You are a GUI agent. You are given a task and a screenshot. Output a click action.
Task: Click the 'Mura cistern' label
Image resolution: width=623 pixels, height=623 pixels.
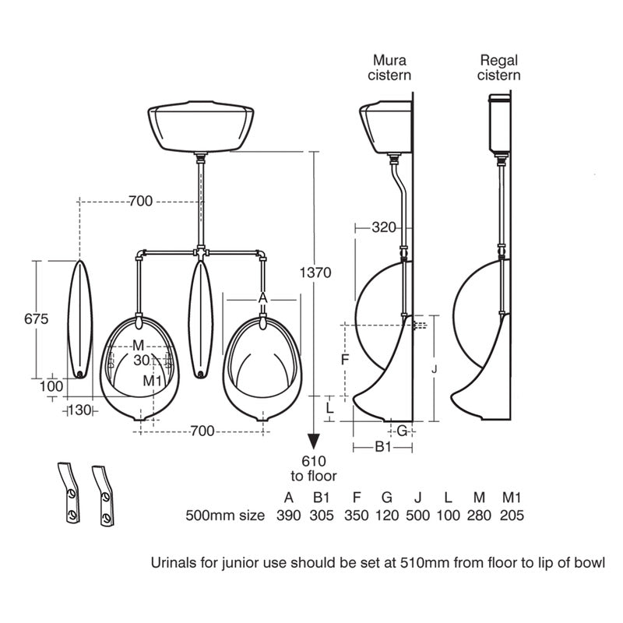[x=392, y=68]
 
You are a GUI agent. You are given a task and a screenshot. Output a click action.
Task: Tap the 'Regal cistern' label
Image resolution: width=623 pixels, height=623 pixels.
[x=500, y=68]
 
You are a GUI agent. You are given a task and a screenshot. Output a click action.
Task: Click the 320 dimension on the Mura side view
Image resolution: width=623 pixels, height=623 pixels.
[x=384, y=227]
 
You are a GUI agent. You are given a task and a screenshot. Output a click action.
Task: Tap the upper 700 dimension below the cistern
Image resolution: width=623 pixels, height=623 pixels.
[x=140, y=202]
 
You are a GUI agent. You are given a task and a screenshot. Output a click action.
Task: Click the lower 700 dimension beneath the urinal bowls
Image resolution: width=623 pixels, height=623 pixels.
[x=202, y=430]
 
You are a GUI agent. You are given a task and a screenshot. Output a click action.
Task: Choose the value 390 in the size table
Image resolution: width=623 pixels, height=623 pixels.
[x=287, y=515]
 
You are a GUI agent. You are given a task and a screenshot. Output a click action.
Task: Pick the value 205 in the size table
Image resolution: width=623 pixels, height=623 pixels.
[x=512, y=515]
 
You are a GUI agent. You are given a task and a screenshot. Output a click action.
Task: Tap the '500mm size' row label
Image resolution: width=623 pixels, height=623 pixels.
[x=225, y=515]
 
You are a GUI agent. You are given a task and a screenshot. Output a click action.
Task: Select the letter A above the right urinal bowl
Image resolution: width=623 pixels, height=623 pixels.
[x=262, y=297]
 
